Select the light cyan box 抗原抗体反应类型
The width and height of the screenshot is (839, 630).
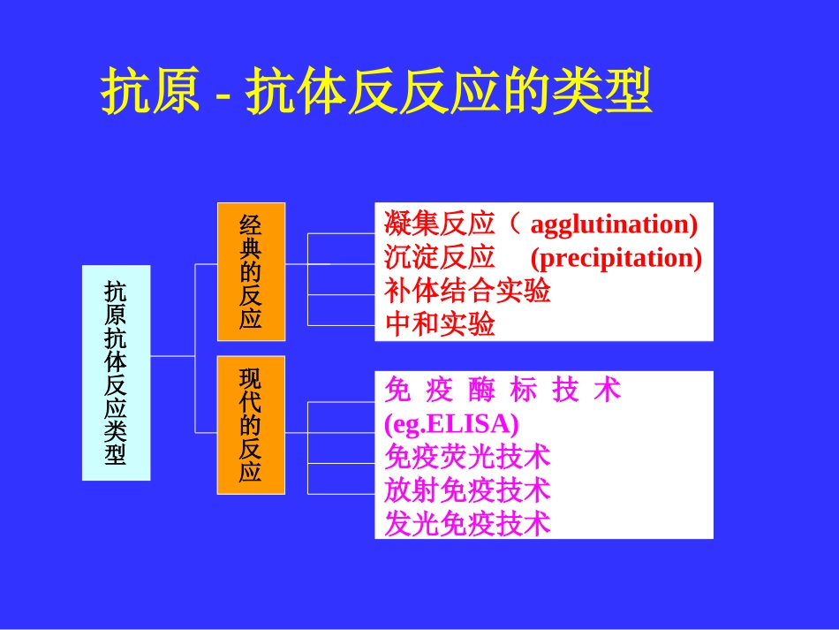click(x=116, y=372)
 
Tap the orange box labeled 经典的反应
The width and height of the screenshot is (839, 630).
click(x=251, y=271)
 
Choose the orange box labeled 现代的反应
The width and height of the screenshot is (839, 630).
click(x=251, y=425)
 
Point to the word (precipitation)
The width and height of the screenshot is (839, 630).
click(x=616, y=258)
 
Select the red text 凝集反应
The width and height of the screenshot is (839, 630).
click(x=440, y=224)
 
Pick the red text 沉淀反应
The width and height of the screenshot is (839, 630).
click(x=440, y=258)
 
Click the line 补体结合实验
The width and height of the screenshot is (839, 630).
click(x=468, y=291)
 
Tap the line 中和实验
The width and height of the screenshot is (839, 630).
click(x=440, y=324)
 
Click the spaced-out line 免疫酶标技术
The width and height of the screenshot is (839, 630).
click(x=503, y=391)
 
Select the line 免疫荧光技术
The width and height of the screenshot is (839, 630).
click(x=468, y=457)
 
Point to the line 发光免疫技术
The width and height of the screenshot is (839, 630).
click(x=468, y=523)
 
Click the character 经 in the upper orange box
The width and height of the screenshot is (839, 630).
click(x=251, y=224)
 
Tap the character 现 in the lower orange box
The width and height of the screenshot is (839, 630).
click(x=251, y=379)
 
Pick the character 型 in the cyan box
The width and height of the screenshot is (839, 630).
click(x=116, y=454)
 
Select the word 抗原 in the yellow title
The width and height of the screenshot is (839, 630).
click(x=150, y=92)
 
